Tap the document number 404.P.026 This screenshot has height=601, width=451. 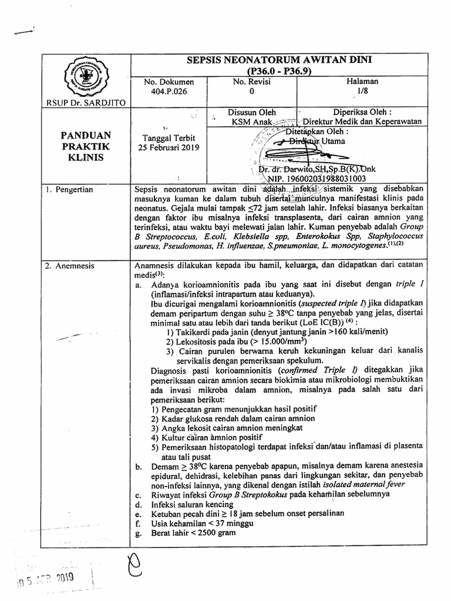click(169, 92)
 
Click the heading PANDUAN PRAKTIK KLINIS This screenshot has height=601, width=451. click(86, 147)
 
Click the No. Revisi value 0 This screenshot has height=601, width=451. click(252, 92)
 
